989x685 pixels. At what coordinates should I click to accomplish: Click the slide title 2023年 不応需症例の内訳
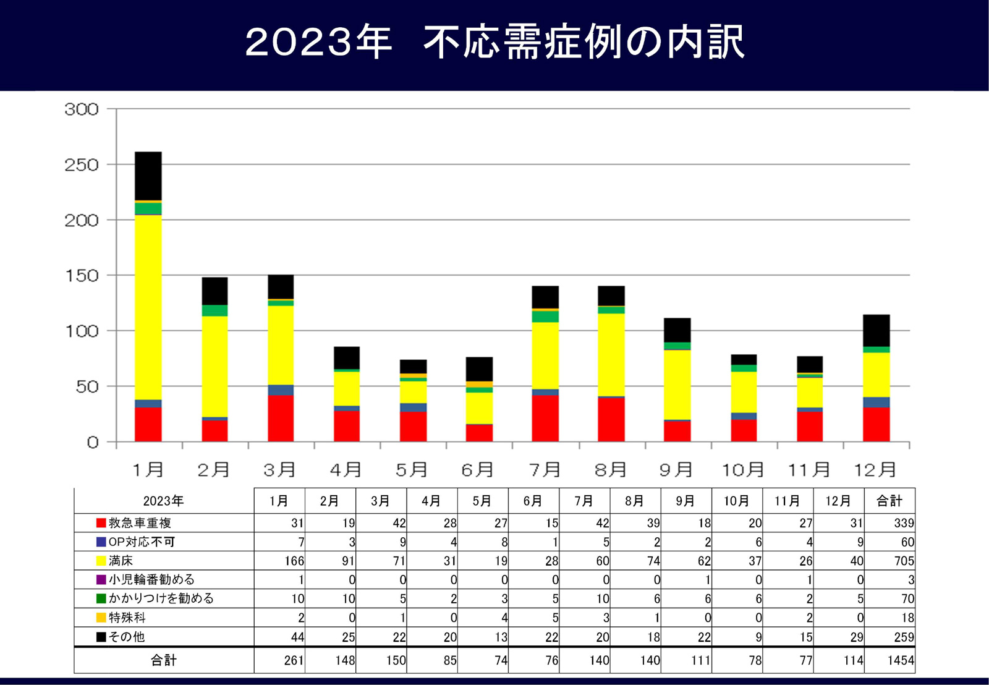pos(494,42)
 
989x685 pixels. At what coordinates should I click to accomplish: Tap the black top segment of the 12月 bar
pos(876,330)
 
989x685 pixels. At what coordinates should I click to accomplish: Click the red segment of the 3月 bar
pos(281,418)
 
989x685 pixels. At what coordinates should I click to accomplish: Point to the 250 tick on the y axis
pos(82,165)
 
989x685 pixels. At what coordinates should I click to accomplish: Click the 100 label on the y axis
pos(82,331)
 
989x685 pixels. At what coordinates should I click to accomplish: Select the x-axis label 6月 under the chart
pos(477,470)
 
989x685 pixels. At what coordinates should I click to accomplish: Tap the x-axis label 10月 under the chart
pos(743,470)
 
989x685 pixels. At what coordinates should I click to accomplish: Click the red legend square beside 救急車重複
pos(101,523)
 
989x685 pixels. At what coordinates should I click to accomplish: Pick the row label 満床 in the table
pos(121,561)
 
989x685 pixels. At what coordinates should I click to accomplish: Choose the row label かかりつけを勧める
pos(161,598)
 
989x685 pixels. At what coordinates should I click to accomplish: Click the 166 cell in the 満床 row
pos(294,561)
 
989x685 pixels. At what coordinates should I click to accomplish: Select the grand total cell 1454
pos(900,660)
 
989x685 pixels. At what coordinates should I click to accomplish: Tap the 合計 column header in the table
pos(889,501)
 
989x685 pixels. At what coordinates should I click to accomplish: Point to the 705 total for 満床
pos(904,561)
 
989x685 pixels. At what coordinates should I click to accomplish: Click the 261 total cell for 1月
pos(294,660)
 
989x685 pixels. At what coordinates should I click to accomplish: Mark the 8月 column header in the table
pos(635,501)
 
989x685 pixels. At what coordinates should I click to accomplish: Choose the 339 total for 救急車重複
pos(904,524)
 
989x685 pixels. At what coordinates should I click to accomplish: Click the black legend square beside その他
pos(101,637)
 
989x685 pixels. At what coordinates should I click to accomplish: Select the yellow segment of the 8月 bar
pos(611,354)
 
